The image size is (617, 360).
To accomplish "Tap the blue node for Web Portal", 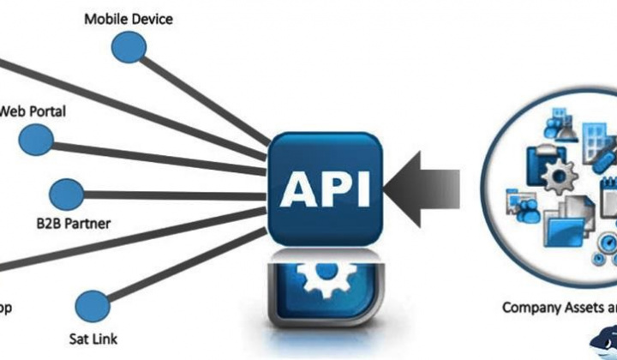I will point(36,137).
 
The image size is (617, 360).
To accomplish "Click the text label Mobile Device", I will point(129,18).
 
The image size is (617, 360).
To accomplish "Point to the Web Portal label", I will point(33,111).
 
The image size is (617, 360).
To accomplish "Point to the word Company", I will point(531,307).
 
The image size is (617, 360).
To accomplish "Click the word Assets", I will point(587,307).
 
